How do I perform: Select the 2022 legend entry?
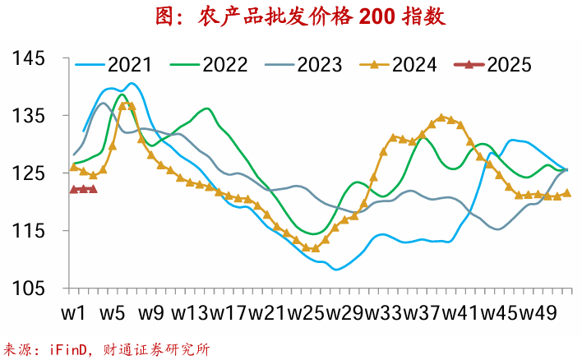click(224, 64)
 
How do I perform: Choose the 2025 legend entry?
click(509, 64)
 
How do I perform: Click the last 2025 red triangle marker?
click(93, 189)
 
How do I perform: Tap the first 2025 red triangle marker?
click(74, 189)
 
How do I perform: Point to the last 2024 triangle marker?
click(566, 193)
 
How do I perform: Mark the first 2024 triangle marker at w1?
click(74, 167)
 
